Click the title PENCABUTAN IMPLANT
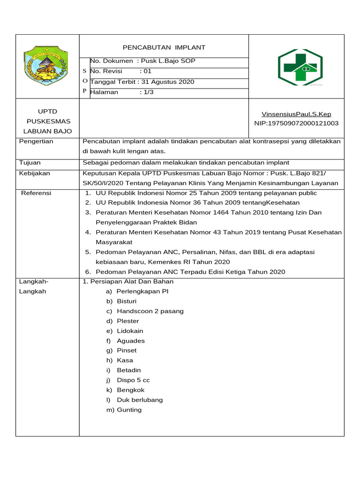(164, 47)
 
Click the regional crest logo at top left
(46, 66)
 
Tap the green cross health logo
(300, 67)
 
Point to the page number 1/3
(149, 92)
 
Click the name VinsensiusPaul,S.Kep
(296, 114)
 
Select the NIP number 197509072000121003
(296, 123)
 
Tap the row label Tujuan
(30, 163)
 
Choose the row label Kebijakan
(34, 173)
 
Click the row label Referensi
(36, 193)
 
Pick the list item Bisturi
(127, 301)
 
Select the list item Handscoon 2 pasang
(150, 311)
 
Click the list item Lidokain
(130, 330)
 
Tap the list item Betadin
(129, 370)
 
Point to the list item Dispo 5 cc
(133, 380)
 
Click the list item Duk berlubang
(140, 399)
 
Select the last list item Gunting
(129, 409)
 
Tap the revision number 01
(148, 71)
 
